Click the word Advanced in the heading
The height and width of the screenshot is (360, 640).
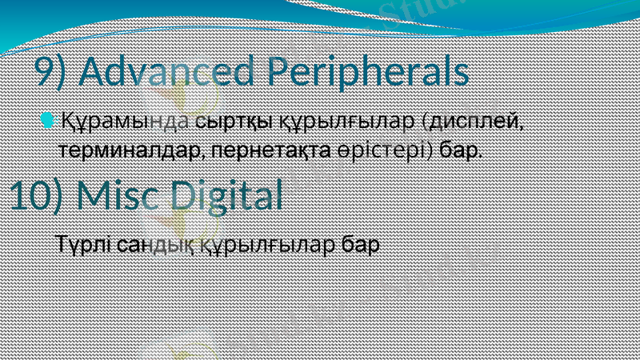pos(169,73)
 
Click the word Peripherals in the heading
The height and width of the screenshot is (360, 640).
pos(368,73)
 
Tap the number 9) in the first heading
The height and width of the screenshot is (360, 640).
pos(54,73)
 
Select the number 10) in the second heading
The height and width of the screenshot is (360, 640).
pos(39,197)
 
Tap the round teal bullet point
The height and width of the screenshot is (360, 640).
pos(48,121)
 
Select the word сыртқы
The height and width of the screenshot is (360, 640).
pos(234,122)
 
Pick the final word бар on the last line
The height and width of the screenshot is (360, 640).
pos(359,243)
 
